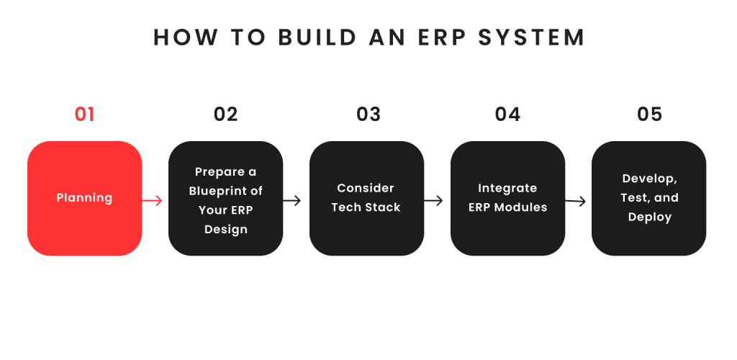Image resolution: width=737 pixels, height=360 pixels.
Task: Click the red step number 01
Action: [85, 114]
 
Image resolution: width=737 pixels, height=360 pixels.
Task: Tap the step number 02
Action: [225, 114]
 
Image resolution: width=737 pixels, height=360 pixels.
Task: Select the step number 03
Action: [368, 114]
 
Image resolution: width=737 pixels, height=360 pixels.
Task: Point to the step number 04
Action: [507, 114]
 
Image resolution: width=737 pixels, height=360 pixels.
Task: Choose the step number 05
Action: [650, 114]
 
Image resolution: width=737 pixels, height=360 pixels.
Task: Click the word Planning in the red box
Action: [85, 198]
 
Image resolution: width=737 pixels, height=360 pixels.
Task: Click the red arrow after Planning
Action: [153, 201]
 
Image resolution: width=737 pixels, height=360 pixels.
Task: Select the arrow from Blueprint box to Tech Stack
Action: [292, 201]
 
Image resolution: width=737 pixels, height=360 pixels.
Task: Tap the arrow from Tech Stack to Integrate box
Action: [433, 201]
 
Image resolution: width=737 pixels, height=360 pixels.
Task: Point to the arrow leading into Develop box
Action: [575, 201]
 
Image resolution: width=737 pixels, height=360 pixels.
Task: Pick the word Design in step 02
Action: [225, 230]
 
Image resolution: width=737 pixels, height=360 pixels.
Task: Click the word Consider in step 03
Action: [366, 188]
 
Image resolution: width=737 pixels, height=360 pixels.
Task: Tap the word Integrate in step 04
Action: [507, 189]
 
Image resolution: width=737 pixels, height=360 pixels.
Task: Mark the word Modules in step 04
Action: [521, 207]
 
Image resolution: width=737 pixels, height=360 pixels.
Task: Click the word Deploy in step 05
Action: [650, 217]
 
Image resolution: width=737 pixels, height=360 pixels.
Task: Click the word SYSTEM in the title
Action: [532, 37]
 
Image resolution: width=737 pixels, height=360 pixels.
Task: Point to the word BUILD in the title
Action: [317, 37]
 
